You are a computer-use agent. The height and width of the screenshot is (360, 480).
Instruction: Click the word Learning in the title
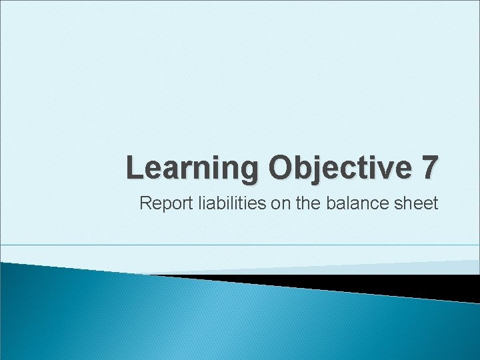coord(193,168)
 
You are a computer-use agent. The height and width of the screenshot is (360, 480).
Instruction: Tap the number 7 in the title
coord(428,168)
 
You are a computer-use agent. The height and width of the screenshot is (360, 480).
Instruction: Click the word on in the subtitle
coord(278,203)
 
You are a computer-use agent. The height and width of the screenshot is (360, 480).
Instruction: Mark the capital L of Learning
coord(135,167)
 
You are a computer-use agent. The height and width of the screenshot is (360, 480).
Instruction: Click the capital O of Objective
coord(283,167)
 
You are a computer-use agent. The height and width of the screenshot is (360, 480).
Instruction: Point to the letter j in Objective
coord(321,169)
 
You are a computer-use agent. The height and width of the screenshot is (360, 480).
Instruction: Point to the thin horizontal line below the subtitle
coord(240,245)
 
